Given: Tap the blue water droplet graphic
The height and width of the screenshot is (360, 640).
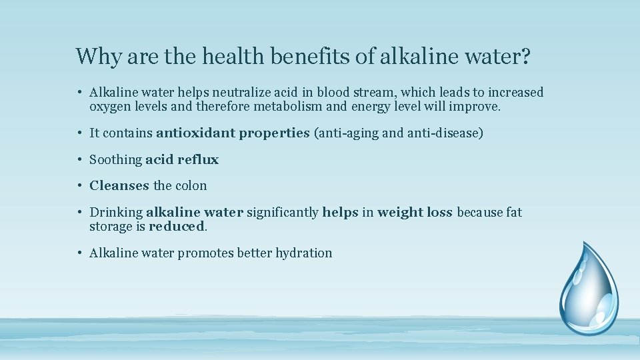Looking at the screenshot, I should pos(588,288).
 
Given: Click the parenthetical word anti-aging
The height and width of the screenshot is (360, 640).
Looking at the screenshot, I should pos(349,133).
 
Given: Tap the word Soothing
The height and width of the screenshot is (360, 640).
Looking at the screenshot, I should pos(115,160).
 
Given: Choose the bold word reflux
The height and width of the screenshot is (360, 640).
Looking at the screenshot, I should pos(198,160).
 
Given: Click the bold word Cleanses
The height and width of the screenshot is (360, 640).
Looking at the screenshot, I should pos(119,186).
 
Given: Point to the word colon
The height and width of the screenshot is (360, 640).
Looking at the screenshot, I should pos(191,186).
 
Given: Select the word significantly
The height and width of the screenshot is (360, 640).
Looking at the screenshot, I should pos(283,213).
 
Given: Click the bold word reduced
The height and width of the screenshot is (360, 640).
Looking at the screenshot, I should pos(177,226).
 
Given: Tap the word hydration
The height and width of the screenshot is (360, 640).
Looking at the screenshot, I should pos(303,253).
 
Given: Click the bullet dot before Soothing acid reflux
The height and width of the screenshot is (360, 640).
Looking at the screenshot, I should pos(79,160).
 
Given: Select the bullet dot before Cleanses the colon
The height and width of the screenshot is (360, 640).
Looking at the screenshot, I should pos(79,186).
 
